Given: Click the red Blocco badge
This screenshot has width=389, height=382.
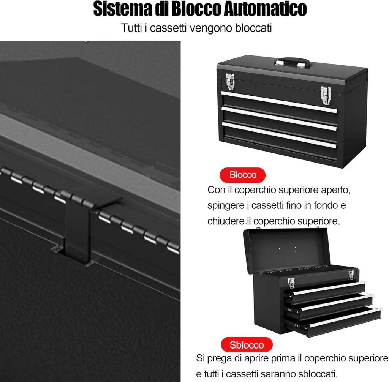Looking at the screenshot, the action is point(242,175).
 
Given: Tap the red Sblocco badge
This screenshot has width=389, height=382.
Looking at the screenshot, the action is point(247,344).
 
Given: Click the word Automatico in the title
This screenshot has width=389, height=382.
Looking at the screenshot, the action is point(265,9).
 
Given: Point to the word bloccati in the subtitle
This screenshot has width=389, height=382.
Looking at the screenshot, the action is point(253,28).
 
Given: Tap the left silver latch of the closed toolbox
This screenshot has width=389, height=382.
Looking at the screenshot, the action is point(230,82).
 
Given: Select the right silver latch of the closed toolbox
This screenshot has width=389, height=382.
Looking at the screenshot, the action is point(326,96).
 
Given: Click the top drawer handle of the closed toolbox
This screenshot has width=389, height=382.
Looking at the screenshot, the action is point(279,102).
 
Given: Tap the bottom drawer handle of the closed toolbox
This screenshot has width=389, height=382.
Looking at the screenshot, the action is point(279,135).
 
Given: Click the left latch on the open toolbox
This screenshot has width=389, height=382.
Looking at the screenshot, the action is point(291,283).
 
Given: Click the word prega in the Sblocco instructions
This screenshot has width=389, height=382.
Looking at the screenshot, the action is point(221,359).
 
